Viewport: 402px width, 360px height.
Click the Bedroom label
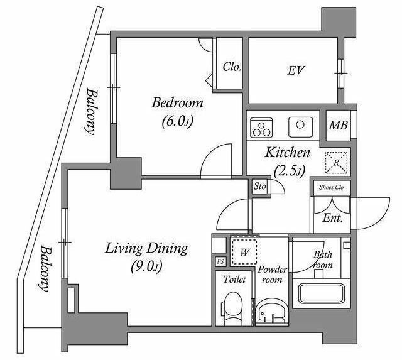(178, 103)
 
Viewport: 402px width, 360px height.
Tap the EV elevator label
(296, 70)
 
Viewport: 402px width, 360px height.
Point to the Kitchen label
(286, 153)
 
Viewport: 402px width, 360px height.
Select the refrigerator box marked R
(337, 161)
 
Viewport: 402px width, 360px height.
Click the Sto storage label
(259, 187)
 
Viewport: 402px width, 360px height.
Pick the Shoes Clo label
(331, 187)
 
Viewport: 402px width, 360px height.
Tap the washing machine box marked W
(244, 251)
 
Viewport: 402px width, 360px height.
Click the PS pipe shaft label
(220, 261)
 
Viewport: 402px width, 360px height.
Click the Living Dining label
(146, 249)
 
